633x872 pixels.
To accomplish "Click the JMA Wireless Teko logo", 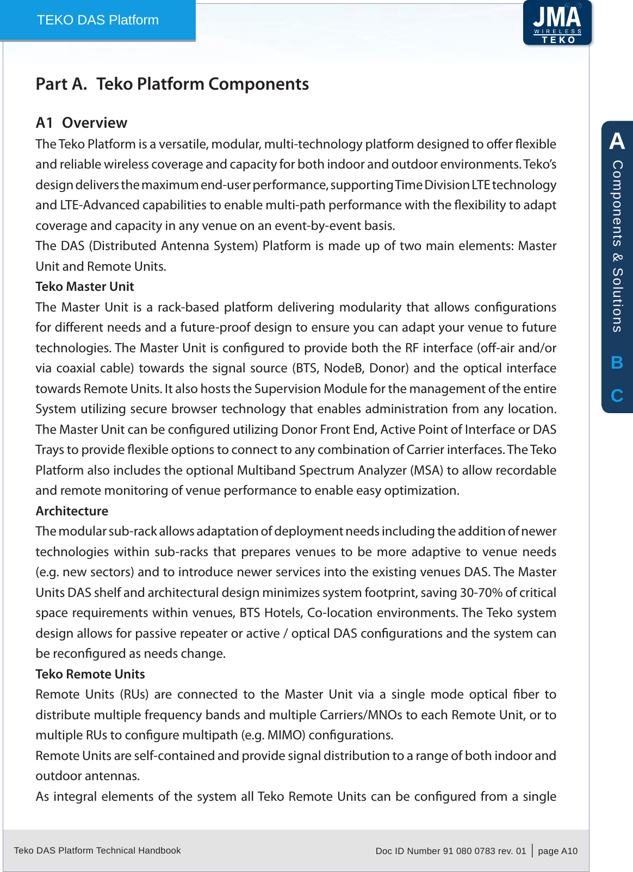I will [x=557, y=23].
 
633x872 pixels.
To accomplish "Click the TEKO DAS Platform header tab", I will [x=98, y=20].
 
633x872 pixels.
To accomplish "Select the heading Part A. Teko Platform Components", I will [x=172, y=84].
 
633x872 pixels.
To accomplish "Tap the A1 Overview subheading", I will [x=81, y=123].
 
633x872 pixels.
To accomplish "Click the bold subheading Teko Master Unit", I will [x=84, y=286].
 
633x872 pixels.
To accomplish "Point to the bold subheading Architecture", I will [x=72, y=511].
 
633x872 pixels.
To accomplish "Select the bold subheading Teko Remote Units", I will [x=90, y=674].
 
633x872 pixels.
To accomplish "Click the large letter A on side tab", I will [x=617, y=141].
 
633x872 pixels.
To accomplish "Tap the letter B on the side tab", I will [x=617, y=363].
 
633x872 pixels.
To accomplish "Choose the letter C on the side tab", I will [x=617, y=396].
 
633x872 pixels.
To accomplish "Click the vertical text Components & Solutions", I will [x=617, y=246].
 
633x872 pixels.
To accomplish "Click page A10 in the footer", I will [x=557, y=851].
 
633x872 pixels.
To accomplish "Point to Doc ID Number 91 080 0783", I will [x=450, y=851].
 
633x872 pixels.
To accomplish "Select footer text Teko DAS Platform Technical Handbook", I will [x=97, y=850].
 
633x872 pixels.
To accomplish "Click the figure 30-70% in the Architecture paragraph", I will [x=481, y=593].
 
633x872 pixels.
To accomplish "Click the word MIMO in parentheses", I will [x=285, y=735].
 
